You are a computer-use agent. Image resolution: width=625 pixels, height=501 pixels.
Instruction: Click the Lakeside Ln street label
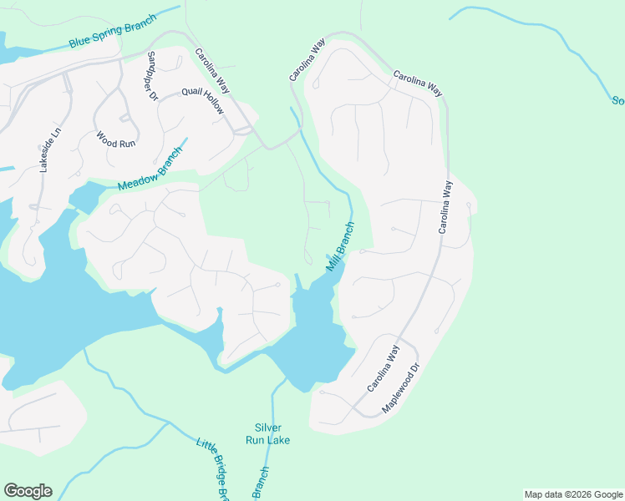pyautogui.click(x=46, y=150)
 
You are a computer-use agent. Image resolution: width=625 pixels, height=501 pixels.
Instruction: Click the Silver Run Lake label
pyautogui.click(x=267, y=433)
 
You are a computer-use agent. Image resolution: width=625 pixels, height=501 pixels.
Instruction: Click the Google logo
pyautogui.click(x=28, y=491)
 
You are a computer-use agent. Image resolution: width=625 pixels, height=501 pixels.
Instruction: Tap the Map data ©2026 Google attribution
pyautogui.click(x=574, y=494)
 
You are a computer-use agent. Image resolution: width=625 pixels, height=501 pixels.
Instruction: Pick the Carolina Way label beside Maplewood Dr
pyautogui.click(x=383, y=368)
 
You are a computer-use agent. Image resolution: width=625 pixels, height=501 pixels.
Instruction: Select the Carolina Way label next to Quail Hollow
pyautogui.click(x=213, y=70)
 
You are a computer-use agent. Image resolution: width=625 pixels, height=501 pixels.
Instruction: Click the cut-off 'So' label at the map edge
pyautogui.click(x=617, y=101)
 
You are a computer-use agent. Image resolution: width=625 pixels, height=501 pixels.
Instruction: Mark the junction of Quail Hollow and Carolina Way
pyautogui.click(x=242, y=130)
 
